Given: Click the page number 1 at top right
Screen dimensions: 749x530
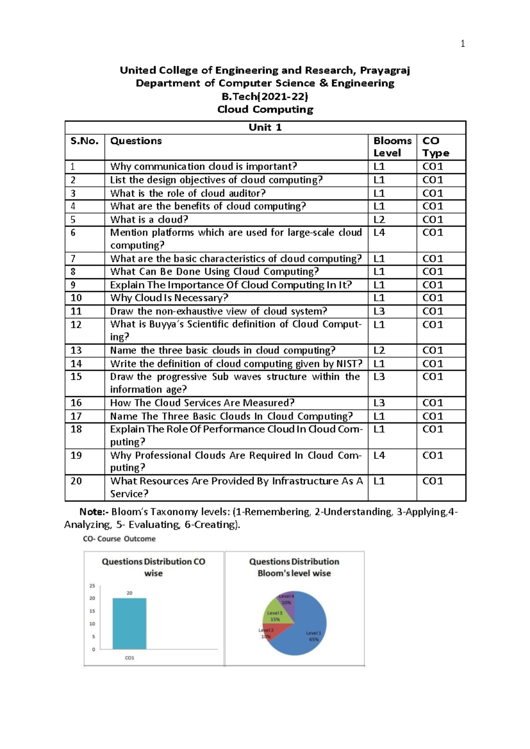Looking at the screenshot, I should [462, 43].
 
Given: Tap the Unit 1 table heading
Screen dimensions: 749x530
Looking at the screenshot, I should [265, 128].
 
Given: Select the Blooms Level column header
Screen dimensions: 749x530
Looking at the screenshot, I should [392, 147].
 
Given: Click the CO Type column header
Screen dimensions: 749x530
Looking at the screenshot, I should [435, 147].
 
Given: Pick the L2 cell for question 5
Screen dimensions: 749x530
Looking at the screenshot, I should [379, 219].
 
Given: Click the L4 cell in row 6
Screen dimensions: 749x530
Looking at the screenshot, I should [379, 232].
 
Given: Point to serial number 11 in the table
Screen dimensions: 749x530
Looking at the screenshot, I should [76, 311].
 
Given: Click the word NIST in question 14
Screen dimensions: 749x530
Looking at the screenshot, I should [346, 363].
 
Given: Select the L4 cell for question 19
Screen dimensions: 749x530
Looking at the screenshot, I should [379, 455].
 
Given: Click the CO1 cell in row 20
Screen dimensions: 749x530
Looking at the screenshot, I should [432, 481].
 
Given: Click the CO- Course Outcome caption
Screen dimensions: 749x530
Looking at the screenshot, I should [119, 539].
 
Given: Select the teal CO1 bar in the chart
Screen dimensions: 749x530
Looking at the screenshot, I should [129, 624].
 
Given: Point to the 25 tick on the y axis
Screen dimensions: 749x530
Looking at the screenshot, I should [92, 586].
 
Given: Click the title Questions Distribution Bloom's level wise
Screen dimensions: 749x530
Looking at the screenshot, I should [294, 567].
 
